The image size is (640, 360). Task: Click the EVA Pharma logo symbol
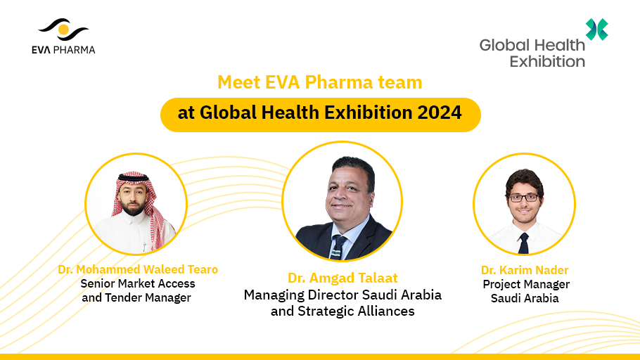63,30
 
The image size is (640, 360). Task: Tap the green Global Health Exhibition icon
596,30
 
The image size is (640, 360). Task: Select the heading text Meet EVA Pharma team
319,82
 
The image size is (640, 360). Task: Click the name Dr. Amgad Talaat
343,278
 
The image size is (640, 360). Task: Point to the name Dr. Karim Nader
525,270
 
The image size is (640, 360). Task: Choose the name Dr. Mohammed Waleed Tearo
138,269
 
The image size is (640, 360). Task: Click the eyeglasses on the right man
524,198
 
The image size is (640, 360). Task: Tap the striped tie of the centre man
338,247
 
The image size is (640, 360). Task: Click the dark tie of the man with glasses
523,243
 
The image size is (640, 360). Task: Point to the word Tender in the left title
124,297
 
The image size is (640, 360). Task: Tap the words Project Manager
526,285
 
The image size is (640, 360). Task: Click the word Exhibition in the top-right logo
547,62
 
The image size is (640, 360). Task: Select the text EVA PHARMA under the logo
63,50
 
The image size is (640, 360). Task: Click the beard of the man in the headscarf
133,209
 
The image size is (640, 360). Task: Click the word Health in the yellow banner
289,112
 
